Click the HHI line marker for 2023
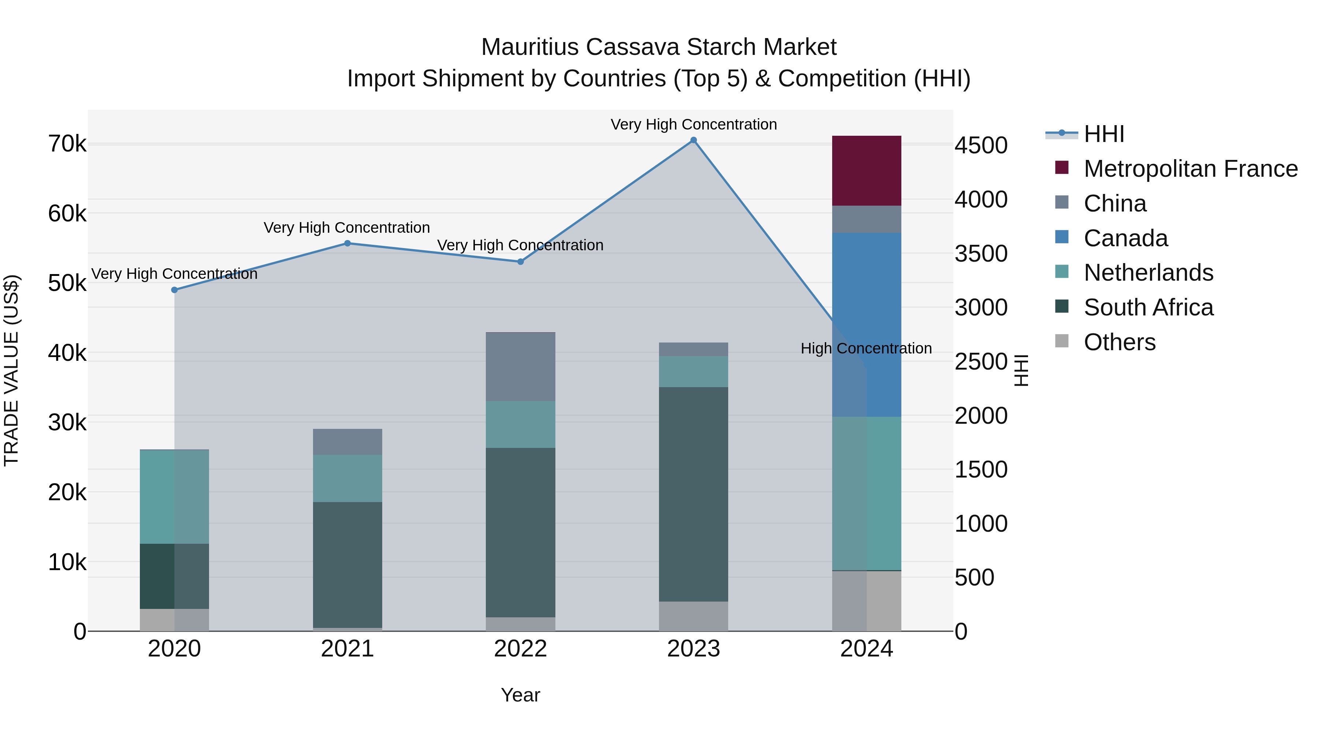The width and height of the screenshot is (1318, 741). (693, 140)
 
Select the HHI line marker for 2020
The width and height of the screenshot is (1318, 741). (175, 290)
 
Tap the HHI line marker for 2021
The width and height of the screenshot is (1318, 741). (347, 243)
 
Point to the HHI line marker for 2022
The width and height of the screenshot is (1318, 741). (520, 262)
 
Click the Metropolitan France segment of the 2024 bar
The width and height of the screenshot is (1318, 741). (866, 171)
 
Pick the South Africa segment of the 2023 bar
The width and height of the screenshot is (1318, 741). (693, 494)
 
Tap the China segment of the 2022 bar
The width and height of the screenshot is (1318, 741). (520, 367)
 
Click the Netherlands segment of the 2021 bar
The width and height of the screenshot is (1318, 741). (347, 478)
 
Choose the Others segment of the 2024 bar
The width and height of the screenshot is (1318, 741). (866, 601)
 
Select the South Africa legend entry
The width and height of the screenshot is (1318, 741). (1148, 308)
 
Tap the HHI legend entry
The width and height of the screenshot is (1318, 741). (1103, 134)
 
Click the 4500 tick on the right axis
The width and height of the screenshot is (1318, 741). (981, 145)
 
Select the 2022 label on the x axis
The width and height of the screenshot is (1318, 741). (520, 649)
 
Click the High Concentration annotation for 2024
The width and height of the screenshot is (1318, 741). (866, 348)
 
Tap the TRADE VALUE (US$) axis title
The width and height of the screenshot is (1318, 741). (11, 370)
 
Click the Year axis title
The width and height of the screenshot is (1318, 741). (520, 695)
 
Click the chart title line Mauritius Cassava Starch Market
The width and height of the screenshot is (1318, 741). (659, 47)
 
